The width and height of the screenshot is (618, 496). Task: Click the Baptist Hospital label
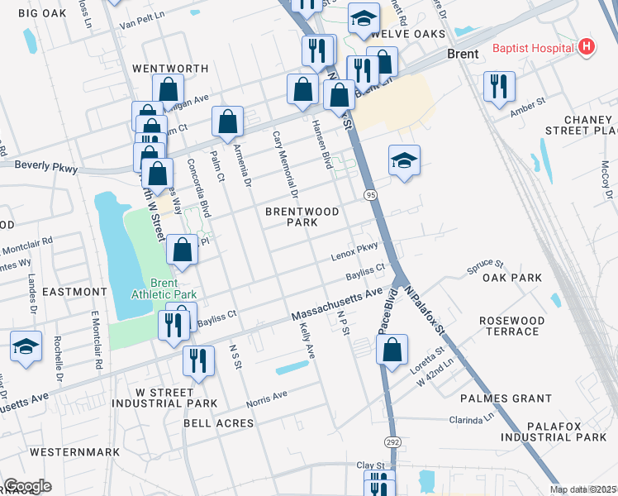tap(533, 48)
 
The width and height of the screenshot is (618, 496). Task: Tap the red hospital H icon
tap(587, 47)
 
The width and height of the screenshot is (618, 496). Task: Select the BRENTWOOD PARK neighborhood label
tap(302, 217)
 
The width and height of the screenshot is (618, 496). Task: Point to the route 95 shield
tap(369, 195)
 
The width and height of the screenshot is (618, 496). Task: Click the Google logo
tap(27, 486)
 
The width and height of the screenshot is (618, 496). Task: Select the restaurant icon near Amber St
tap(499, 87)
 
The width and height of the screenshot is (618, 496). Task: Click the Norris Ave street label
tap(266, 399)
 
